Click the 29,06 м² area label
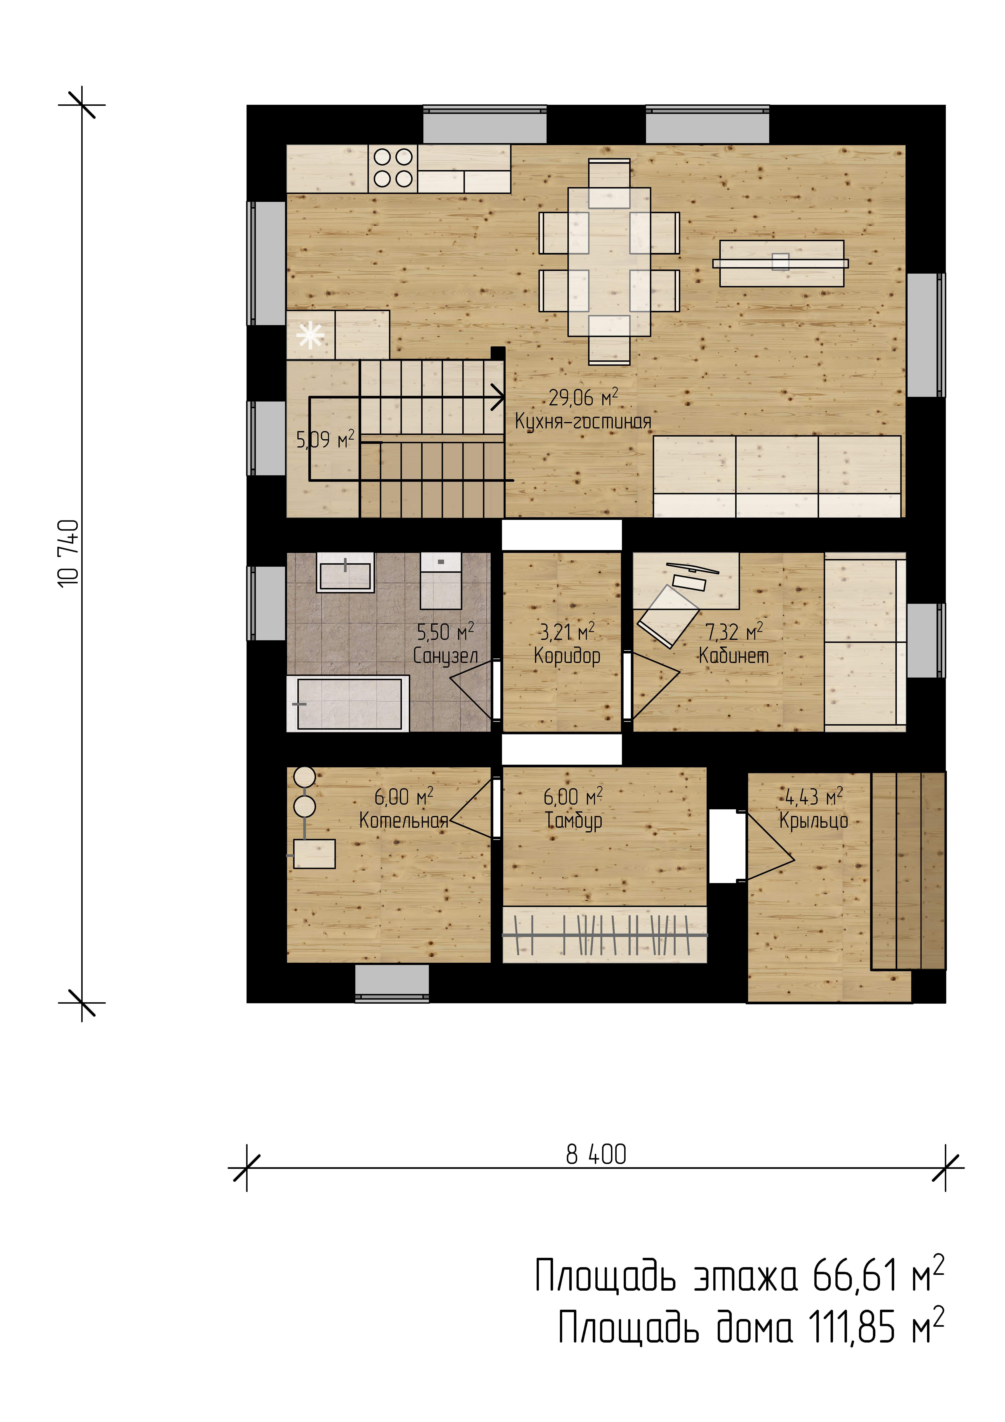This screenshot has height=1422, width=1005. coord(583,397)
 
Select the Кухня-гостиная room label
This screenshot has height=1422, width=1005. coord(583,422)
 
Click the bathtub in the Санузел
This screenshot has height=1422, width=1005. coord(348,704)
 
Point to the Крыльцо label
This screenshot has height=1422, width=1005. coord(814,821)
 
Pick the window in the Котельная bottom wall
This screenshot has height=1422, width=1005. coord(392,983)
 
